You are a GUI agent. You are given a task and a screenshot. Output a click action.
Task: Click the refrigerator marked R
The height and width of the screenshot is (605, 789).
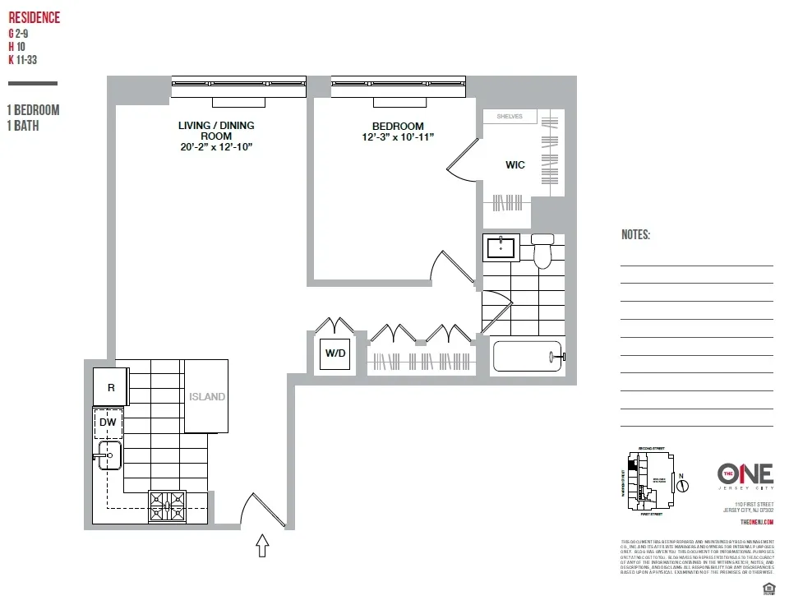click(110, 386)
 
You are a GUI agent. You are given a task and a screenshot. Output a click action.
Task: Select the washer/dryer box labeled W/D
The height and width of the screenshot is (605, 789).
click(336, 353)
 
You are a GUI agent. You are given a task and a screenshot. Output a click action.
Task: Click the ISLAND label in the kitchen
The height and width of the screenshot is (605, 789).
click(206, 397)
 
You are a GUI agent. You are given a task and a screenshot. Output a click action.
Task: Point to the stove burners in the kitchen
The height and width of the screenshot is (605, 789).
click(167, 506)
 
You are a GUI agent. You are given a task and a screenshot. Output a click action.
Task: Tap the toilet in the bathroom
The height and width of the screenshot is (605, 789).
click(542, 252)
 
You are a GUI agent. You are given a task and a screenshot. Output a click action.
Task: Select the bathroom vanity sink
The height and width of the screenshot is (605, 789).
click(501, 247)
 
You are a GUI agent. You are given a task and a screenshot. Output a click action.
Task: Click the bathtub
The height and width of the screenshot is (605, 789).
click(526, 357)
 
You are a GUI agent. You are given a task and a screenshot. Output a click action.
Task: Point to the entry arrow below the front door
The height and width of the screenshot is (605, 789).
click(263, 545)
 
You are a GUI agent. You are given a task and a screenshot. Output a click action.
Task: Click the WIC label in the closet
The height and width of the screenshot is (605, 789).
click(514, 165)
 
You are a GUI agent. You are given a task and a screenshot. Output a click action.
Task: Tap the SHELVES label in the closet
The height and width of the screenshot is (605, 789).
click(510, 117)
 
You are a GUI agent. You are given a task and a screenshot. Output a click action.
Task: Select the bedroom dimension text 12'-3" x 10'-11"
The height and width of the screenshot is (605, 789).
click(398, 137)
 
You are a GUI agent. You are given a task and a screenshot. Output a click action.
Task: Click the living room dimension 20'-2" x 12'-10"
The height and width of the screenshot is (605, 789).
click(216, 147)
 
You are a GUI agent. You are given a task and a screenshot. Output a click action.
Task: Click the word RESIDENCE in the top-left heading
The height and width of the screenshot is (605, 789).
click(34, 18)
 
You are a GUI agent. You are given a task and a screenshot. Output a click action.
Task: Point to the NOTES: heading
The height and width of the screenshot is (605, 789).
click(635, 235)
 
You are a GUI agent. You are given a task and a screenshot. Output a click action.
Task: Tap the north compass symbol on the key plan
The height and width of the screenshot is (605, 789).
click(681, 484)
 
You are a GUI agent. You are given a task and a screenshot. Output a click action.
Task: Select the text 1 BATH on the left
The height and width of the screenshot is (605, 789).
click(24, 127)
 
